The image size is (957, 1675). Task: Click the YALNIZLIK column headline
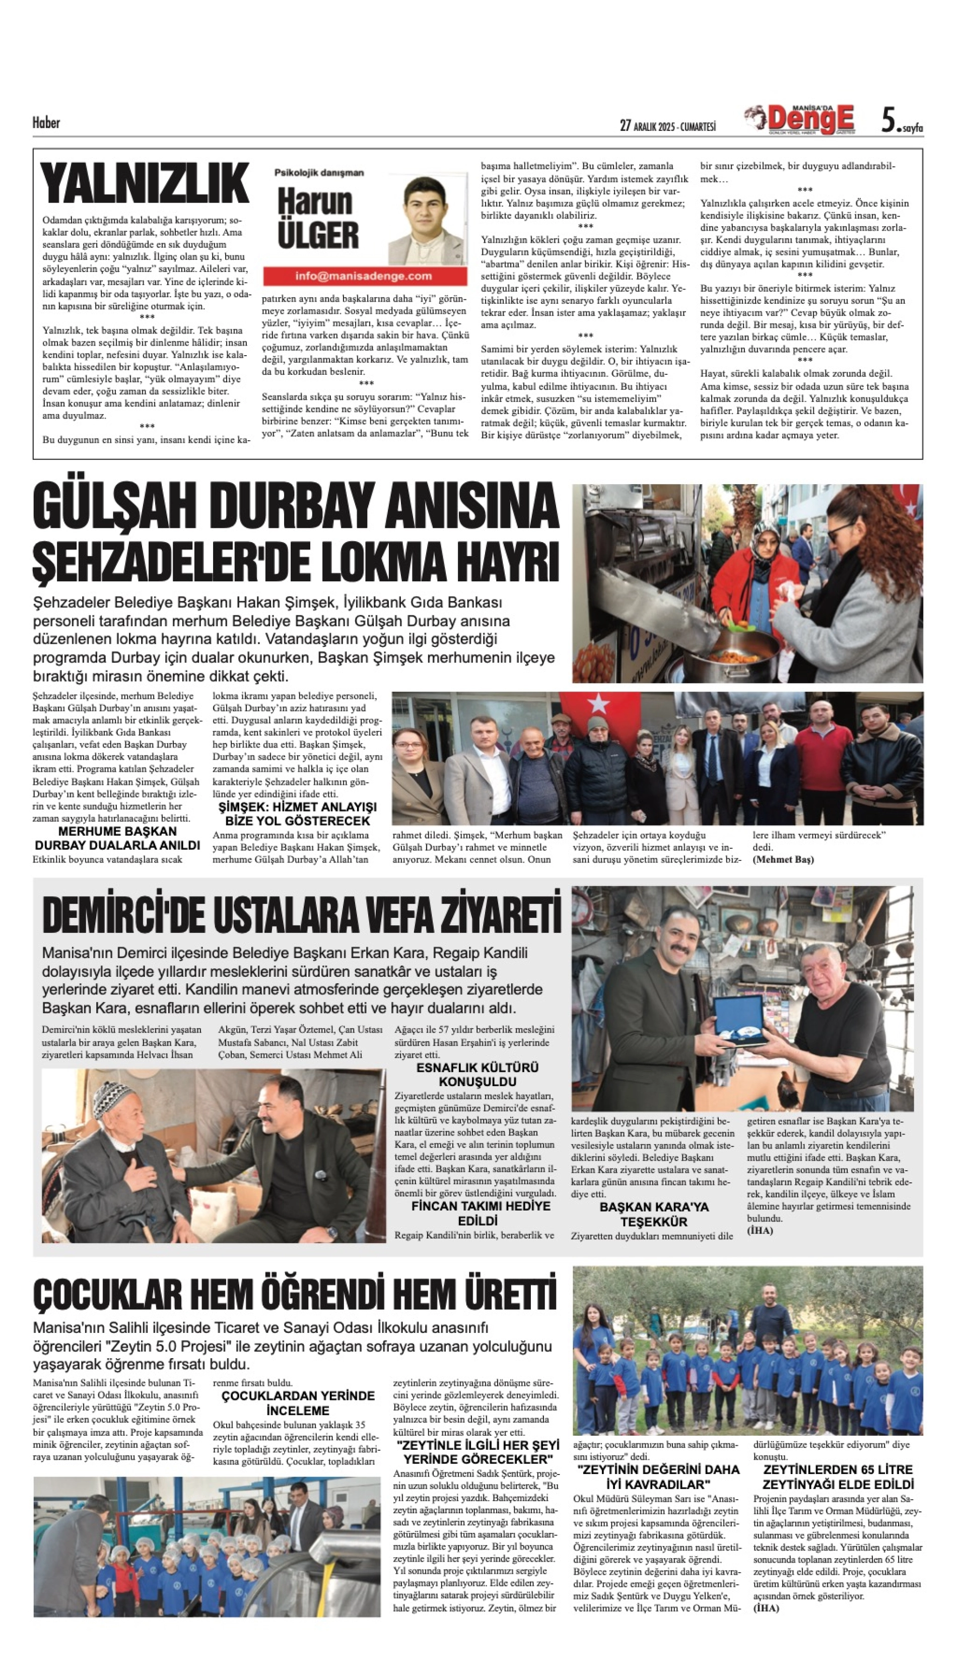click(144, 183)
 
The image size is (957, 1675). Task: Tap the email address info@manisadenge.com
click(364, 276)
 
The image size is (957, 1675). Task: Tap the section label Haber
click(46, 123)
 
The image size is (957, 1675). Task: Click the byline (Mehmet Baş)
click(783, 860)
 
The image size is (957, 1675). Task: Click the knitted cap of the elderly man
click(111, 1098)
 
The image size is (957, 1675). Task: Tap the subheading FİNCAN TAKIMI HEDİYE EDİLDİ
click(481, 1213)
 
